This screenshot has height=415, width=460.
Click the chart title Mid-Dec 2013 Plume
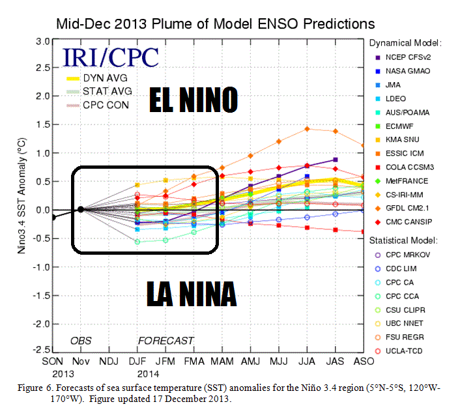pyautogui.click(x=216, y=24)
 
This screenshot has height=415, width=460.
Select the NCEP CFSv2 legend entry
pyautogui.click(x=408, y=57)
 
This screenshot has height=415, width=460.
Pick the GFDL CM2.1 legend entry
pyautogui.click(x=408, y=208)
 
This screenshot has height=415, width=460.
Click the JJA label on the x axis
pyautogui.click(x=307, y=360)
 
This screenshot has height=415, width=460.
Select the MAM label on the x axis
pyautogui.click(x=222, y=360)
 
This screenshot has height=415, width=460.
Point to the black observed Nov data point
pyautogui.click(x=80, y=209)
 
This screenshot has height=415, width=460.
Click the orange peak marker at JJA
pyautogui.click(x=307, y=128)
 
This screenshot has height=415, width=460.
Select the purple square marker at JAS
pyautogui.click(x=335, y=159)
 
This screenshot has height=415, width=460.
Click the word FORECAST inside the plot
pyautogui.click(x=165, y=340)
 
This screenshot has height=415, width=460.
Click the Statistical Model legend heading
pyautogui.click(x=404, y=238)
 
